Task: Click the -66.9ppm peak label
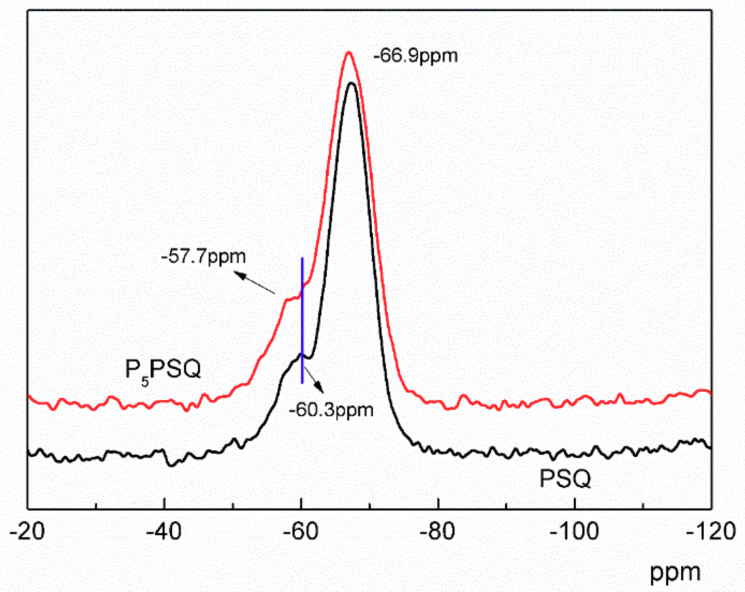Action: click(x=415, y=56)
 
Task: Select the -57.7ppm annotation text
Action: click(x=203, y=257)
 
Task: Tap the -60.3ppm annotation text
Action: click(x=331, y=410)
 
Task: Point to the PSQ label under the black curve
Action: click(x=565, y=479)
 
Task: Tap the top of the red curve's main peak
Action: click(x=348, y=52)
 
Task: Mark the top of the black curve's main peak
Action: click(x=352, y=83)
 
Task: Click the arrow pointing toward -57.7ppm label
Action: click(x=254, y=282)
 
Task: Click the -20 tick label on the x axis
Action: click(x=27, y=531)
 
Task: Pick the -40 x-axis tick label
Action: click(x=163, y=531)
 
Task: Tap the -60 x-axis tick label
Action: click(x=301, y=531)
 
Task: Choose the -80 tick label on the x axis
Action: click(x=437, y=531)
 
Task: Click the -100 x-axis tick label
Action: click(x=575, y=531)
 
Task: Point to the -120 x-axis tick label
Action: click(x=711, y=531)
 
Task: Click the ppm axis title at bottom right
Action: click(x=675, y=573)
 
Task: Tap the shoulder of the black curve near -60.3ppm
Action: click(x=300, y=354)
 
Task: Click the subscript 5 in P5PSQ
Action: click(x=145, y=382)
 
